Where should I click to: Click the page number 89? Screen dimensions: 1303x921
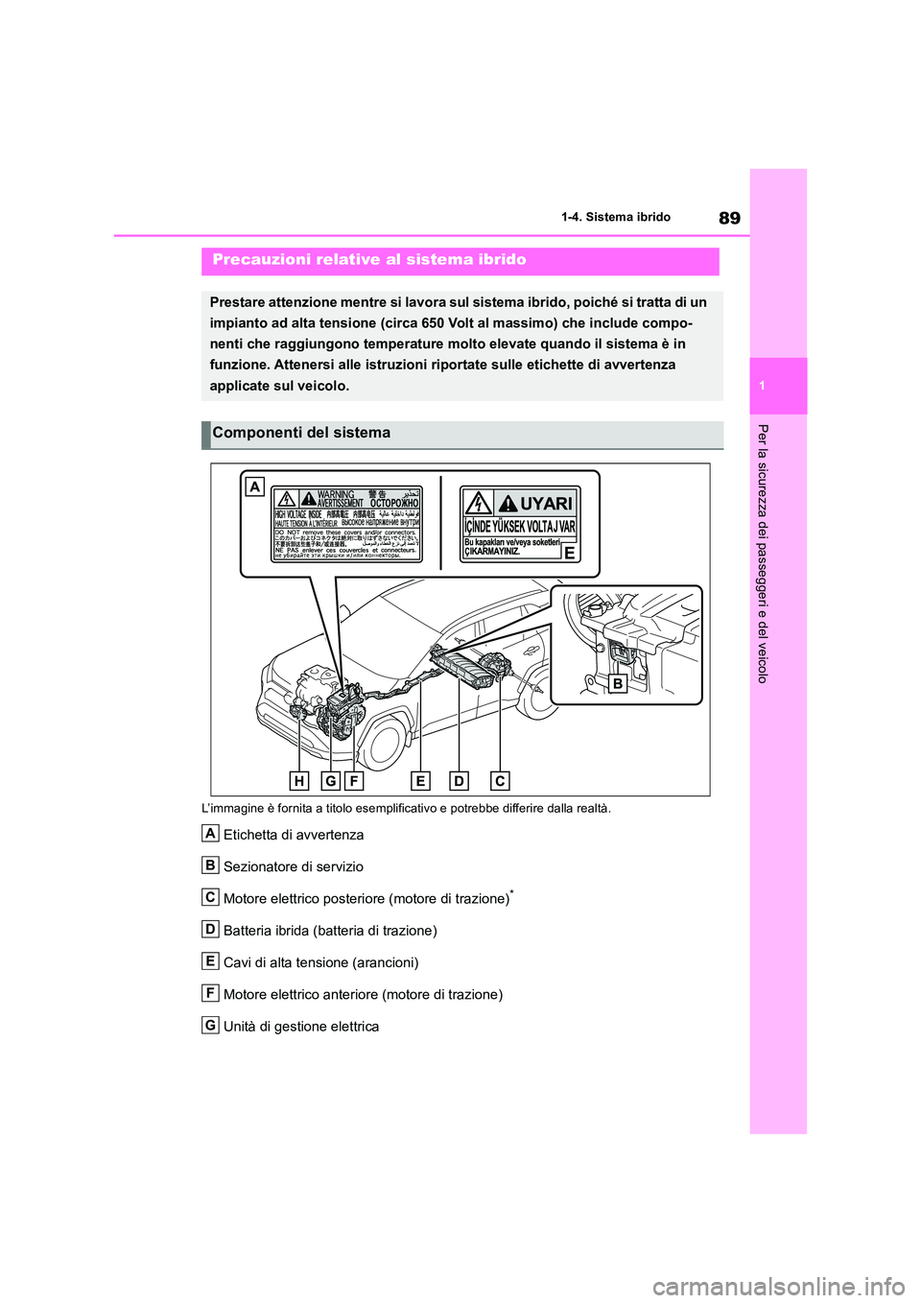(x=729, y=218)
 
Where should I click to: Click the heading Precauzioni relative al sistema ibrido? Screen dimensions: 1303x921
(x=369, y=260)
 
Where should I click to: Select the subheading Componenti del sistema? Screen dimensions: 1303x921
(x=301, y=434)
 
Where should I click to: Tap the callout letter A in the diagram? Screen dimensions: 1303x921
(x=254, y=486)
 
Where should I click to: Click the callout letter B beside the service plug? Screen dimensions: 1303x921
(x=618, y=684)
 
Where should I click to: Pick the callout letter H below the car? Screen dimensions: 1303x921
(x=299, y=781)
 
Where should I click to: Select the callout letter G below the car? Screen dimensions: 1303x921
(x=330, y=781)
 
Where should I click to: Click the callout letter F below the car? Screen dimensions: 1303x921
(x=354, y=781)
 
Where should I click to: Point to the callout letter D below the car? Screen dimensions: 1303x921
(x=459, y=781)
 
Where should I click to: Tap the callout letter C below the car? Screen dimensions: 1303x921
(x=500, y=781)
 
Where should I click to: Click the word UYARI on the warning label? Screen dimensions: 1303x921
(x=547, y=504)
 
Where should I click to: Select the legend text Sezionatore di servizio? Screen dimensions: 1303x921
(x=294, y=867)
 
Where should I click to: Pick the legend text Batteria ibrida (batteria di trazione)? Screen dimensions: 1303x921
(x=330, y=931)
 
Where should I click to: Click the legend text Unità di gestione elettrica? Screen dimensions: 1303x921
(x=301, y=1027)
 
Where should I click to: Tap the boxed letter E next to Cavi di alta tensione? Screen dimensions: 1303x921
(x=210, y=960)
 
